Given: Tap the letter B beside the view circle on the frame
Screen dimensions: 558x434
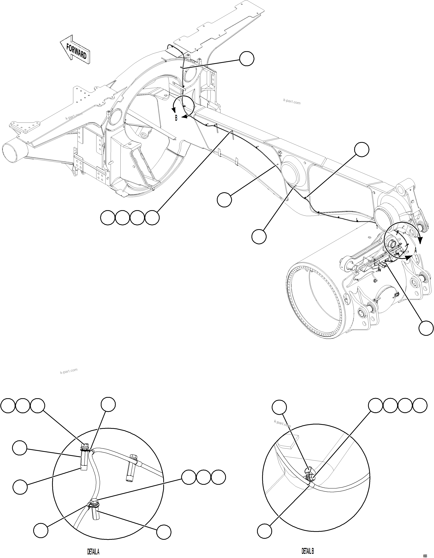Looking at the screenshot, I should click(176, 118).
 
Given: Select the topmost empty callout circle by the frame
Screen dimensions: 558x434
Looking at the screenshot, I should click(247, 59).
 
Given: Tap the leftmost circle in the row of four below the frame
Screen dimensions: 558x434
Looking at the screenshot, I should click(108, 218).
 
